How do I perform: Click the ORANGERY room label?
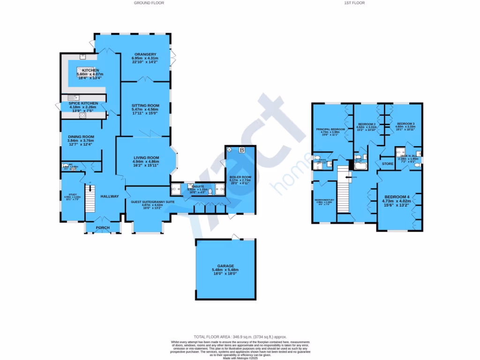pos(144,54)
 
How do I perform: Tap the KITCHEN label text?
pos(90,70)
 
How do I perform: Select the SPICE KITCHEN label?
pos(83,103)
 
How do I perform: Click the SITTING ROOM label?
pos(145,106)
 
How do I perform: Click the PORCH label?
pos(103,228)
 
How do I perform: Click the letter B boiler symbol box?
pos(242,150)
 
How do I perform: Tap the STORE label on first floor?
pos(388,164)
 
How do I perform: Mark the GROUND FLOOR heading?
pos(149,3)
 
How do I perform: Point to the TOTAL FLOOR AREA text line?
pos(240,337)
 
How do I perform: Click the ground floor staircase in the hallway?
pos(92,197)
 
